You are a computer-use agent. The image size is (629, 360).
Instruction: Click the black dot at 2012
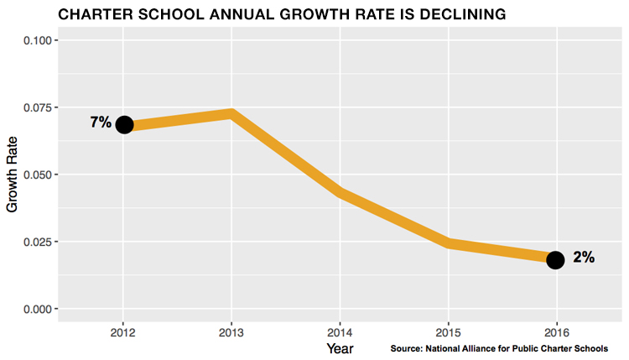[x=124, y=124]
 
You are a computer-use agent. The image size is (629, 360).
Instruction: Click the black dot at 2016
[x=555, y=259]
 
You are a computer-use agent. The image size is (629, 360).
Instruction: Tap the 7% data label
[x=101, y=123]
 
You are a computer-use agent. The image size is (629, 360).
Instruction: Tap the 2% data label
[x=584, y=258]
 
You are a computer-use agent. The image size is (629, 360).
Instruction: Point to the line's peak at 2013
[x=231, y=113]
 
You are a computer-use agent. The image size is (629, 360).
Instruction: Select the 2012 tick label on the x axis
[x=123, y=327]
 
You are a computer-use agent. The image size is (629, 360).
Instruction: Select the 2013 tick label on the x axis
[x=231, y=327]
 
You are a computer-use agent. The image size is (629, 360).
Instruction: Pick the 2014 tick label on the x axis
[x=340, y=327]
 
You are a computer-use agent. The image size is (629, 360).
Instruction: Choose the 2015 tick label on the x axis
[x=448, y=327]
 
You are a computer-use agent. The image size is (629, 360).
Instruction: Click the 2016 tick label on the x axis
[x=555, y=327]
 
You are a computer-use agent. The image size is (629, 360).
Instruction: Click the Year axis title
[x=340, y=347]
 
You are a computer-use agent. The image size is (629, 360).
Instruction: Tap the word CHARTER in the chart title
[x=90, y=15]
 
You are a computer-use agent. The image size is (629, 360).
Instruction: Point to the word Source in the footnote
[x=408, y=347]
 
